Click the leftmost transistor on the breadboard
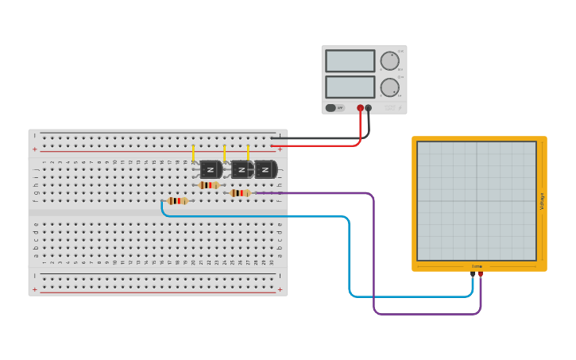211,169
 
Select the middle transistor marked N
242,169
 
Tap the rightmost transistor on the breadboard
265,169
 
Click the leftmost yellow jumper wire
193,153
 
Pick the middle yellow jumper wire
225,153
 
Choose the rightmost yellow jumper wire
248,153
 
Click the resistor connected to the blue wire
177,201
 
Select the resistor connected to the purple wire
240,193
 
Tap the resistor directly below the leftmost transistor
209,185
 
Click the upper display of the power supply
350,61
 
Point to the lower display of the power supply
350,87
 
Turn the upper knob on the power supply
389,61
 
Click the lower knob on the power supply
389,87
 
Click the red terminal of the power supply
360,108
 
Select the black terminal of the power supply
368,108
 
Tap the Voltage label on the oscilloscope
543,200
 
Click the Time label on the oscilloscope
477,266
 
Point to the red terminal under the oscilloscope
480,274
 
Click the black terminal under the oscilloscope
473,274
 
